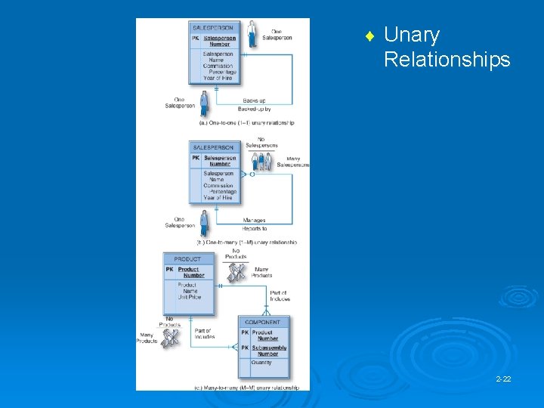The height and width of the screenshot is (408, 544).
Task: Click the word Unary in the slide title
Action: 412,36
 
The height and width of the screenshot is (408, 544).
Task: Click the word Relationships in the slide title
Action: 447,60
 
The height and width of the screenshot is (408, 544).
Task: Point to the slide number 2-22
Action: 503,378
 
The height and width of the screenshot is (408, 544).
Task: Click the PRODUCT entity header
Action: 188,258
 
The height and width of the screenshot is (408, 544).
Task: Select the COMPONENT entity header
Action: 263,323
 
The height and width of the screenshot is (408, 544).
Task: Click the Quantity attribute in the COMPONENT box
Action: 262,363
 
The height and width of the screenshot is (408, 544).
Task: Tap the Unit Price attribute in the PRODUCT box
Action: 190,297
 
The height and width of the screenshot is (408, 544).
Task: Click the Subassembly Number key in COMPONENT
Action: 267,351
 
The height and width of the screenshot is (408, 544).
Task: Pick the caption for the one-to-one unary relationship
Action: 246,122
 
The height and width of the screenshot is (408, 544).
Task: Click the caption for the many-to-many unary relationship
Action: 251,388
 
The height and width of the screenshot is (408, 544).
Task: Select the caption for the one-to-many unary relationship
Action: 247,243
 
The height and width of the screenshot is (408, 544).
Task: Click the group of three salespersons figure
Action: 260,161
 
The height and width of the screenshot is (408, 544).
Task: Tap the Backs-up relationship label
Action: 254,100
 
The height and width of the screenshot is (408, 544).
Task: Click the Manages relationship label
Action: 254,220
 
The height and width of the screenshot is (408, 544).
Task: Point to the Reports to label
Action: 254,228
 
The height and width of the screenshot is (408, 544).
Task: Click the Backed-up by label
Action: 254,110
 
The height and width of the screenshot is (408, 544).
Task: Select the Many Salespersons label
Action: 292,161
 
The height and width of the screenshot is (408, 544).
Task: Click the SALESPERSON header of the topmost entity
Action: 213,27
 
